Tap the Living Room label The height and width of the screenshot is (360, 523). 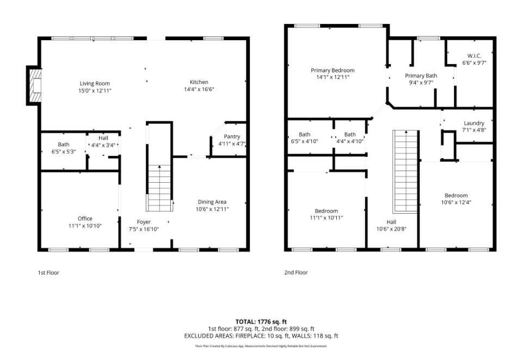[95, 83]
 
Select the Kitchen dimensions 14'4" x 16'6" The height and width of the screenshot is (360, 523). [199, 89]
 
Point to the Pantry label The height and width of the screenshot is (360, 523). [232, 136]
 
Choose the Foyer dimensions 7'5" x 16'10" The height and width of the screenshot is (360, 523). [144, 229]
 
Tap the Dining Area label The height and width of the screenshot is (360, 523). [212, 202]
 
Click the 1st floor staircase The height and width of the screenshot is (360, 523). [159, 188]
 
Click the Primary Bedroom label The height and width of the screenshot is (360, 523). [333, 70]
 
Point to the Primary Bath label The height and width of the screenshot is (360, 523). [421, 76]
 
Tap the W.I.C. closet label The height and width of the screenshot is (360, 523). [474, 55]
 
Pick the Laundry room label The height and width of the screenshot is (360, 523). [473, 123]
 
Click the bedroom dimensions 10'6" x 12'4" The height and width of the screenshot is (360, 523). [456, 203]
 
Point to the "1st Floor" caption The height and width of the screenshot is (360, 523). [48, 272]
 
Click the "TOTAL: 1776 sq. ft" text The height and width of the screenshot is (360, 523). [261, 322]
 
